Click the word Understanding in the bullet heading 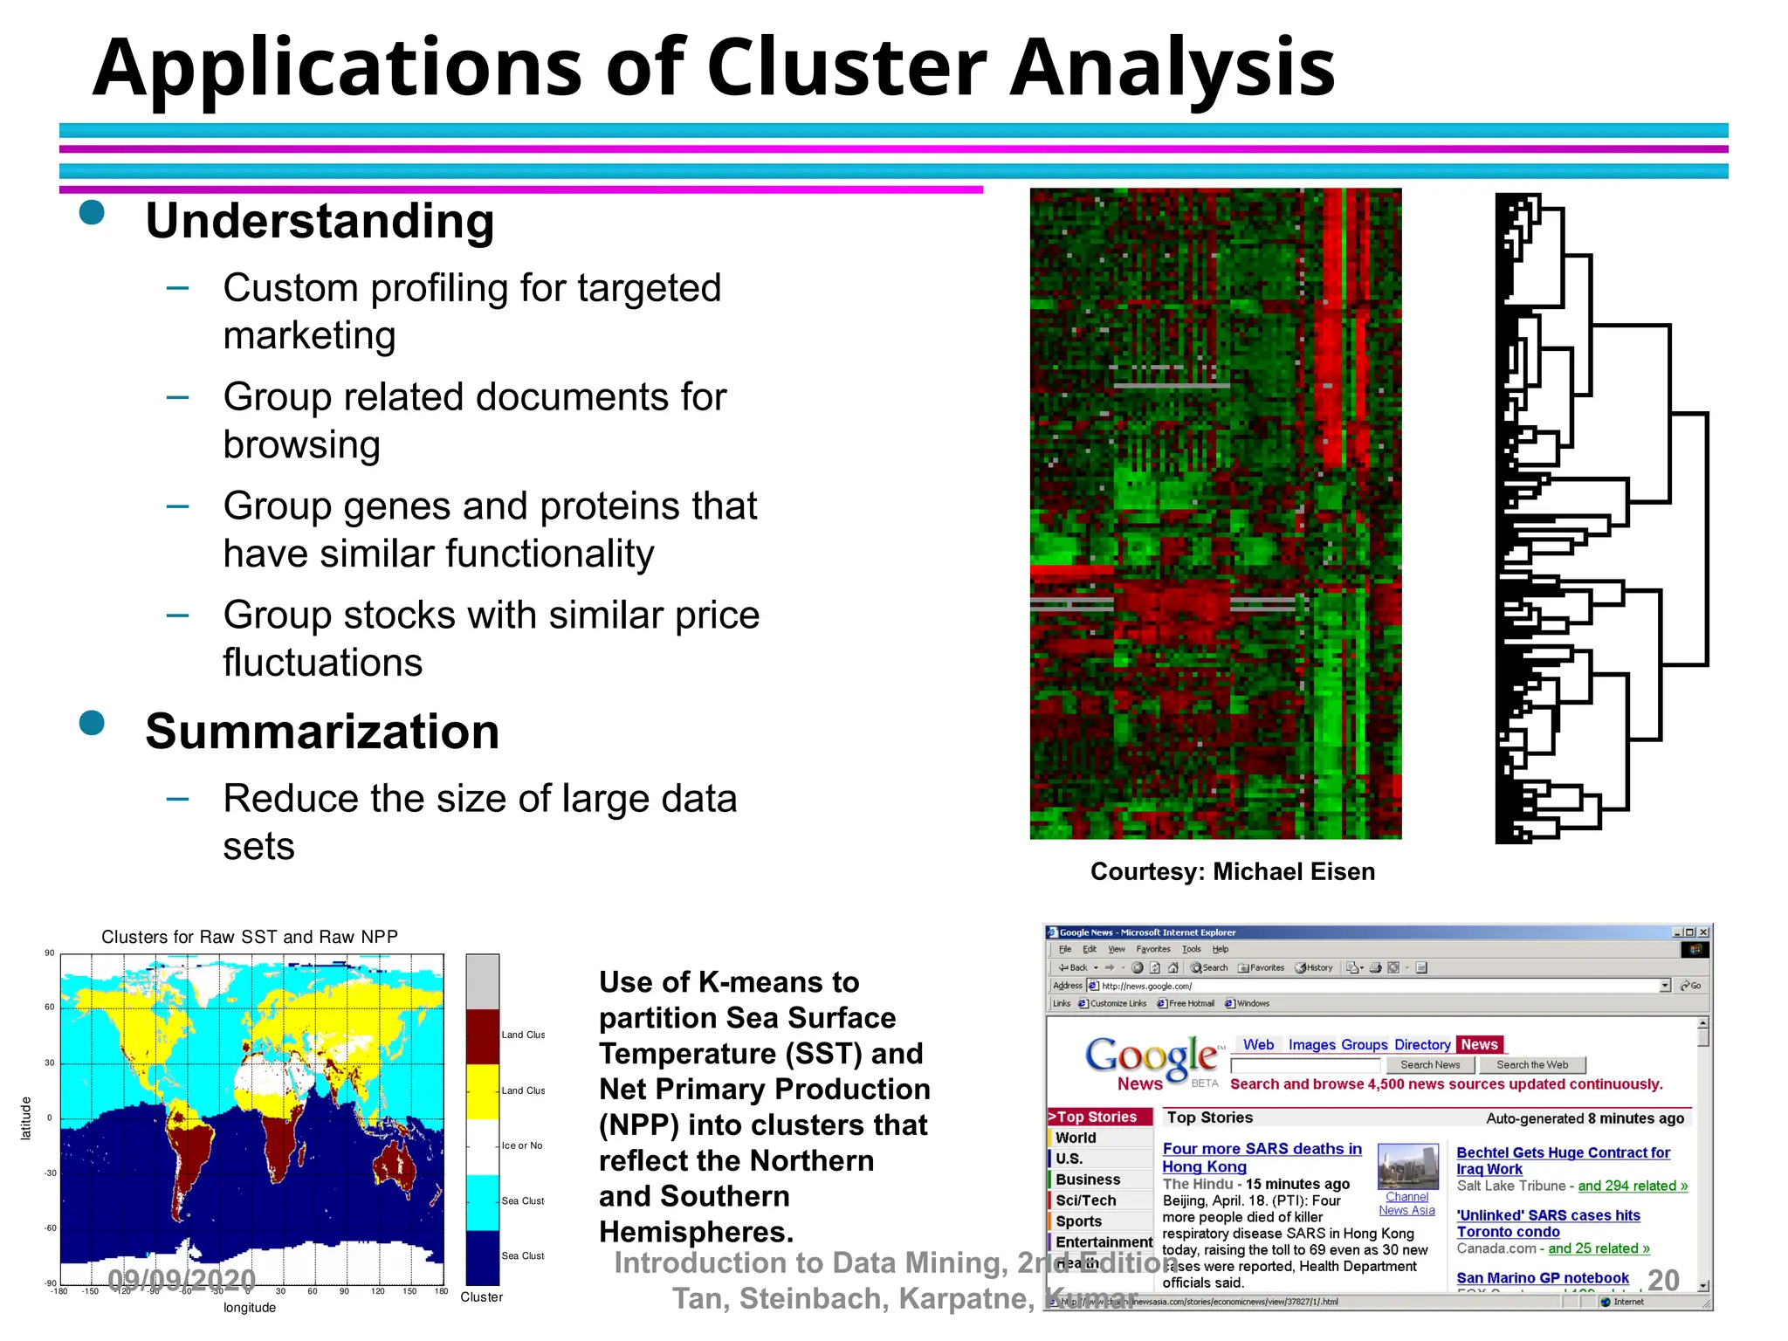pos(320,221)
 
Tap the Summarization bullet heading pos(322,732)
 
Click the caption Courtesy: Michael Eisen pos(1232,871)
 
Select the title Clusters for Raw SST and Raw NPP pos(249,937)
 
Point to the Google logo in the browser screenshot pos(1151,1056)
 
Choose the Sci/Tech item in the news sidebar pos(1085,1200)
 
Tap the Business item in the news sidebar pos(1087,1179)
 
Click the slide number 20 pos(1662,1280)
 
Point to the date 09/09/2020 pos(182,1280)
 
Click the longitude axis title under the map pos(249,1308)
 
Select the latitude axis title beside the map pos(25,1118)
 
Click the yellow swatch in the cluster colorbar pos(482,1091)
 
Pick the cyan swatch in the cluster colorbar pos(482,1202)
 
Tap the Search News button pos(1429,1065)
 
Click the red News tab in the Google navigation pos(1478,1044)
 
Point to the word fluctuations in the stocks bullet pos(322,663)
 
